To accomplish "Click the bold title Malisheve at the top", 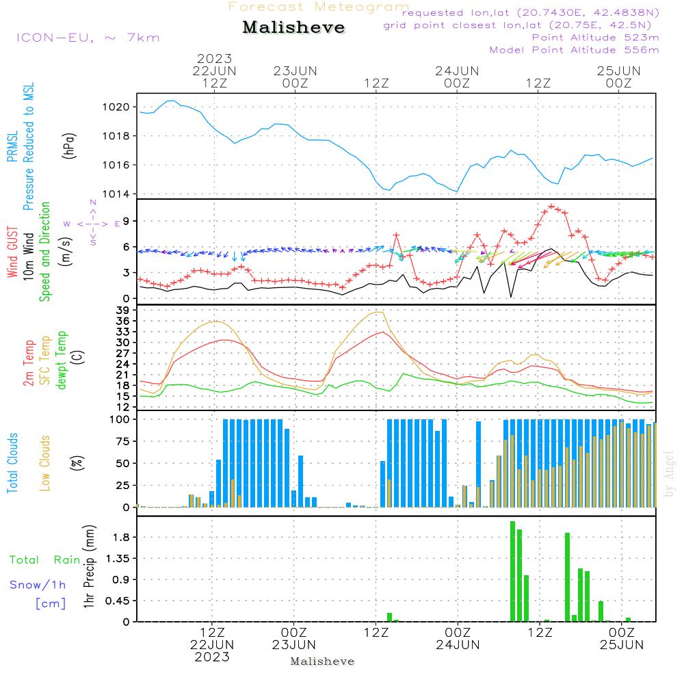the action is coord(293,27).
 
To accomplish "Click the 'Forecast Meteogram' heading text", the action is coord(319,7).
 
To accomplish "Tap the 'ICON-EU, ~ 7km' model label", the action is coord(88,38).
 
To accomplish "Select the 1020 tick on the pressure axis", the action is coord(116,107).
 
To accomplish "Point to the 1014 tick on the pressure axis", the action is coord(116,194).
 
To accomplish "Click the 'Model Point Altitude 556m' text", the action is coord(574,50).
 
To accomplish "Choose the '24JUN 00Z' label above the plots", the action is coord(457,77).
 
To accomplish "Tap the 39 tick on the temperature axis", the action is coord(123,310).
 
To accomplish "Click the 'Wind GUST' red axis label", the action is coord(12,252).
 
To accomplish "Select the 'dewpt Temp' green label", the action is coord(61,360).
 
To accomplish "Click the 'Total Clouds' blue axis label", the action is coord(12,463).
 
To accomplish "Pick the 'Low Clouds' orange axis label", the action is coord(45,463).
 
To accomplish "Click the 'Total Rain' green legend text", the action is coord(44,560).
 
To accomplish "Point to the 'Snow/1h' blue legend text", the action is coord(38,585).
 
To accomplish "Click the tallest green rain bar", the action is coord(512,571).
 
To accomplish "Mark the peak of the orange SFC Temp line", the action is coord(380,312).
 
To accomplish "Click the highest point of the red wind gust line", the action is coord(551,206).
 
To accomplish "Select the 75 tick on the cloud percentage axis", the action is coord(123,441).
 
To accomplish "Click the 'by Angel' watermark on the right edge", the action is coord(669,474).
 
